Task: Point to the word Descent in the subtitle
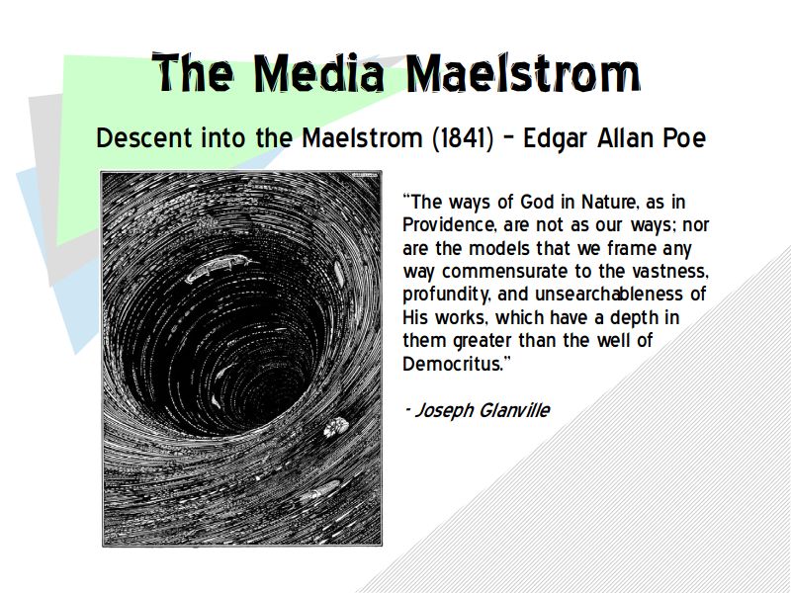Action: (144, 138)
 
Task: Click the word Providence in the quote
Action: (449, 225)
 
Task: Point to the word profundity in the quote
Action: (447, 295)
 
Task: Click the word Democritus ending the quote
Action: (457, 364)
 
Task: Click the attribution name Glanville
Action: (513, 410)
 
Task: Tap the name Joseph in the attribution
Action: (444, 411)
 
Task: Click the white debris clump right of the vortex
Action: (336, 427)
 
